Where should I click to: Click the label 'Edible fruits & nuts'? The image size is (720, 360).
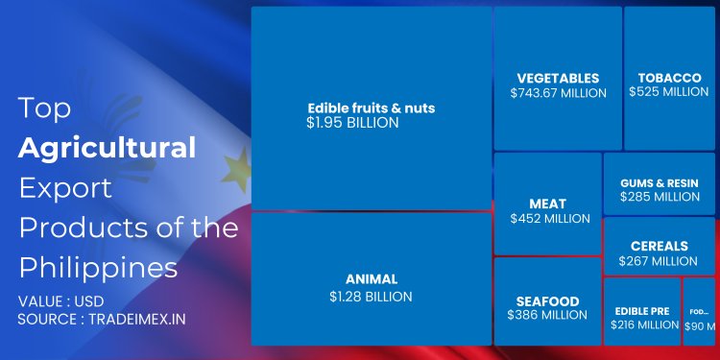371,108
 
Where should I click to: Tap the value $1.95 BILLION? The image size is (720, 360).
352,123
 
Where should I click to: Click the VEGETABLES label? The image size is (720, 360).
558,78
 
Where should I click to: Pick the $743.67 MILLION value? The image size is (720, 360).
558,93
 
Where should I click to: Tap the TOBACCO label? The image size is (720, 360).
669,78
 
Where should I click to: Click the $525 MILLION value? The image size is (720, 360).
669,92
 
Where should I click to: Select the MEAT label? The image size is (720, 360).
548,204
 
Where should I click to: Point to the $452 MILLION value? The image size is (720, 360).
549,219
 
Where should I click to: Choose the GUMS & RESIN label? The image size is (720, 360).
660,182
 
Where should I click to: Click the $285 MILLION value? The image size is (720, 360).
660,197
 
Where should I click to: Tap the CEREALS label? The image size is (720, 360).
660,247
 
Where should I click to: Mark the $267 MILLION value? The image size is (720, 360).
660,261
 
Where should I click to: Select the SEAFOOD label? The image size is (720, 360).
547,300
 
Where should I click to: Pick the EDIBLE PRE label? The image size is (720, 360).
643,311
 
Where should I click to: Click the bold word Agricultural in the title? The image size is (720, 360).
107,147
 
